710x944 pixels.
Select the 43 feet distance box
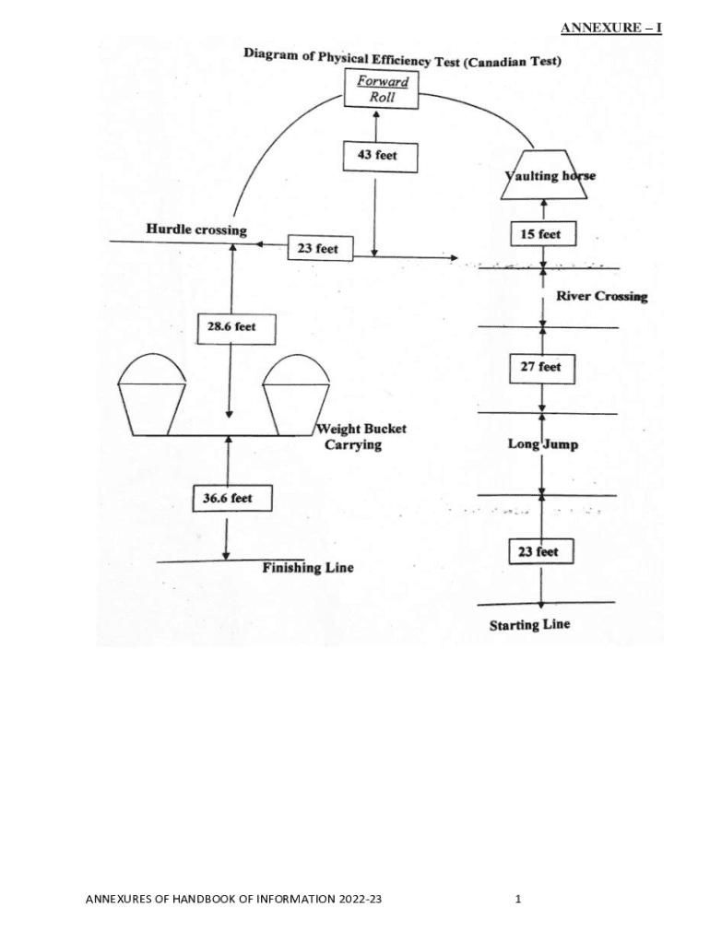coord(379,156)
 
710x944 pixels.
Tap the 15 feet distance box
coord(541,234)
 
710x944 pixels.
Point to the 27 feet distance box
coord(541,367)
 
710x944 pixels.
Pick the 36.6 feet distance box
coord(227,499)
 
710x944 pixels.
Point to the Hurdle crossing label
coord(196,230)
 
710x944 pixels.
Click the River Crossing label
coord(601,296)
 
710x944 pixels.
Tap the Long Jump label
coord(543,444)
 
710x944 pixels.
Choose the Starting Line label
coord(529,625)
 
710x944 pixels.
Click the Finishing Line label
coord(307,568)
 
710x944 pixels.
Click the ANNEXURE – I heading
coord(611,29)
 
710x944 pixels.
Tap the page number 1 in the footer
coord(518,899)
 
